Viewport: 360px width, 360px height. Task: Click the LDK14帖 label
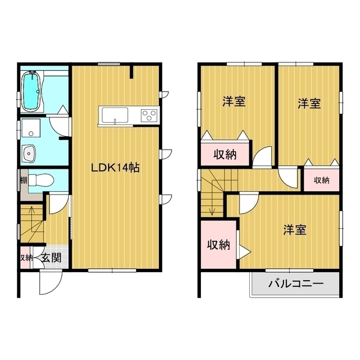pyautogui.click(x=115, y=168)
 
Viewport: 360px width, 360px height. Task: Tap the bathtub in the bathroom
pyautogui.click(x=32, y=91)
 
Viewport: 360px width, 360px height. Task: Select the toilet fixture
pyautogui.click(x=41, y=180)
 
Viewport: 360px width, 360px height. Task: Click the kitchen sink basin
pyautogui.click(x=115, y=115)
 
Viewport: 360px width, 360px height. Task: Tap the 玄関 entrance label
pyautogui.click(x=51, y=258)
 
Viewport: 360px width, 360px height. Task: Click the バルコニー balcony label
pyautogui.click(x=296, y=283)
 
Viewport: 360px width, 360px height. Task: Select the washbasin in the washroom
pyautogui.click(x=29, y=153)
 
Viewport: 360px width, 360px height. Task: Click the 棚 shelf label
pyautogui.click(x=24, y=180)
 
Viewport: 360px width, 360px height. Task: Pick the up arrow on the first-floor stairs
pyautogui.click(x=31, y=214)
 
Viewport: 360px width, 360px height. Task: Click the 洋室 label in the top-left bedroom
pyautogui.click(x=234, y=101)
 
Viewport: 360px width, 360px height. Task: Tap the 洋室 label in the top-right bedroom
pyautogui.click(x=309, y=103)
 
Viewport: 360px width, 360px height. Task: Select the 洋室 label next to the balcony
pyautogui.click(x=295, y=229)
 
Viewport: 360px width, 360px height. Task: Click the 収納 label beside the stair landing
pyautogui.click(x=219, y=245)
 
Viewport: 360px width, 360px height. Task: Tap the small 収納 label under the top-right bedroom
pyautogui.click(x=321, y=180)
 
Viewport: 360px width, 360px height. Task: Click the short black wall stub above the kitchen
pyautogui.click(x=132, y=72)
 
